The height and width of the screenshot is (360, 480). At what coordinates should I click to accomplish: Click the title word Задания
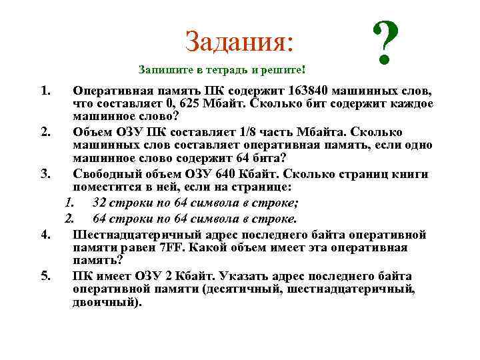pos(239,41)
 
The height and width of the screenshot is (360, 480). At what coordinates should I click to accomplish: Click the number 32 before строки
pos(101,203)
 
